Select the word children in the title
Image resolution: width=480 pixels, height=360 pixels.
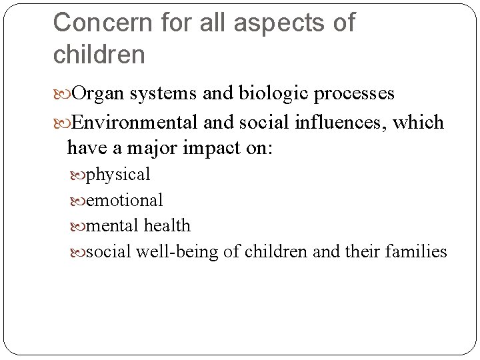(x=99, y=55)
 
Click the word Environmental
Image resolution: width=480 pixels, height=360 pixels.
(x=135, y=123)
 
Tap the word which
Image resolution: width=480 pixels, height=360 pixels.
(x=419, y=123)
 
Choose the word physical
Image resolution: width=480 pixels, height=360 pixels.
(x=118, y=175)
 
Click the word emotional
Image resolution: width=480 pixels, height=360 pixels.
(x=125, y=200)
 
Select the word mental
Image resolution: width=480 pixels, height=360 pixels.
(x=113, y=226)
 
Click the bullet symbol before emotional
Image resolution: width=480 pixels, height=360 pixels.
(x=78, y=201)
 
